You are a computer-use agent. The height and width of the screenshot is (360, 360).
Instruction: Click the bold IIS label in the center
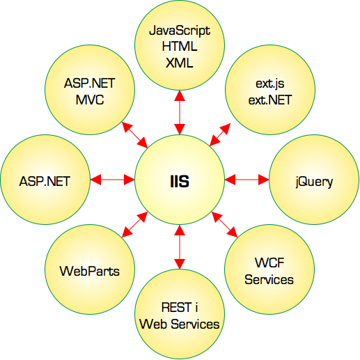pos(180,181)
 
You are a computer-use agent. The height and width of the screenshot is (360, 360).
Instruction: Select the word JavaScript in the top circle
pos(180,31)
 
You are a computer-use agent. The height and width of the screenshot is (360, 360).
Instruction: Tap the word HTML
pos(180,47)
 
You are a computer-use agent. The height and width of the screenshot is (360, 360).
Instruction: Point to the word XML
pos(180,63)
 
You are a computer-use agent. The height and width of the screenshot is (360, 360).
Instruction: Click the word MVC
pos(90,100)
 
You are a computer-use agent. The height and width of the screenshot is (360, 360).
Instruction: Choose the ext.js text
pos(270,84)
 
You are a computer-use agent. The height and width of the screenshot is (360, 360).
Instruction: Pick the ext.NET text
pos(270,100)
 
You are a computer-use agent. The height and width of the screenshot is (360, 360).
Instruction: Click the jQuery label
pos(314,182)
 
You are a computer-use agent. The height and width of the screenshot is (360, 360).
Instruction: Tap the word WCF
pos(269,263)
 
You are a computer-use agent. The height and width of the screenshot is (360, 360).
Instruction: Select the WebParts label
pos(90,271)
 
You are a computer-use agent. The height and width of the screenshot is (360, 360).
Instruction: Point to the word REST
pos(175,308)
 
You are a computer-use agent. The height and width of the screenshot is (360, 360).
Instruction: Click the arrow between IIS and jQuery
pos(246,180)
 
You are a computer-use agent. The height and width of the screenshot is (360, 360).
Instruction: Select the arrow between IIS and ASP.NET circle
pos(112,180)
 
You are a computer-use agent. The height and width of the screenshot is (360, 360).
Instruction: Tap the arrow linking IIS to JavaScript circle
pos(180,112)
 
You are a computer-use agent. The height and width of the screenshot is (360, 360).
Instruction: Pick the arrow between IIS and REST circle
pos(180,247)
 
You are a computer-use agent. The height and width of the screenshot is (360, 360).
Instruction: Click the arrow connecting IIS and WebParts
pos(134,224)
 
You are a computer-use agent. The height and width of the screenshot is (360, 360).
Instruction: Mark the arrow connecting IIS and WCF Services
pos(225,224)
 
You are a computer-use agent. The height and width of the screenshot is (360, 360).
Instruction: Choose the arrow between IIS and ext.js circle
pos(220,134)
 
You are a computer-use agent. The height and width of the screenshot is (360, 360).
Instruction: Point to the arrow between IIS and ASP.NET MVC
pos(134,134)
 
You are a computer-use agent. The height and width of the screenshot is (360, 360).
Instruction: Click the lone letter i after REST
pos(196,307)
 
